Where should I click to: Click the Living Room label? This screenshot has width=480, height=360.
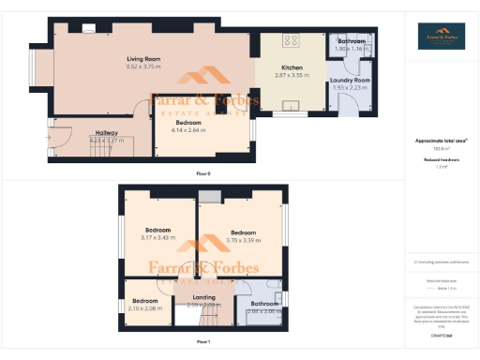[143, 59]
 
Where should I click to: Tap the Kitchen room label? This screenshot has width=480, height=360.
[291, 67]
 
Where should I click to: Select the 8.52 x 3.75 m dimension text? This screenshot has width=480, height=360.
[143, 67]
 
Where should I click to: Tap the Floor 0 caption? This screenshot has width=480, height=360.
[202, 174]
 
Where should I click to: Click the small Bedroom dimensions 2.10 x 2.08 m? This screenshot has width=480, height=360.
[144, 309]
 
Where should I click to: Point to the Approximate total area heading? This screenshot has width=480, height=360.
[441, 141]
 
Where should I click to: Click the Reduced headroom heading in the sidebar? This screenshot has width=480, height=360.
[441, 159]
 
